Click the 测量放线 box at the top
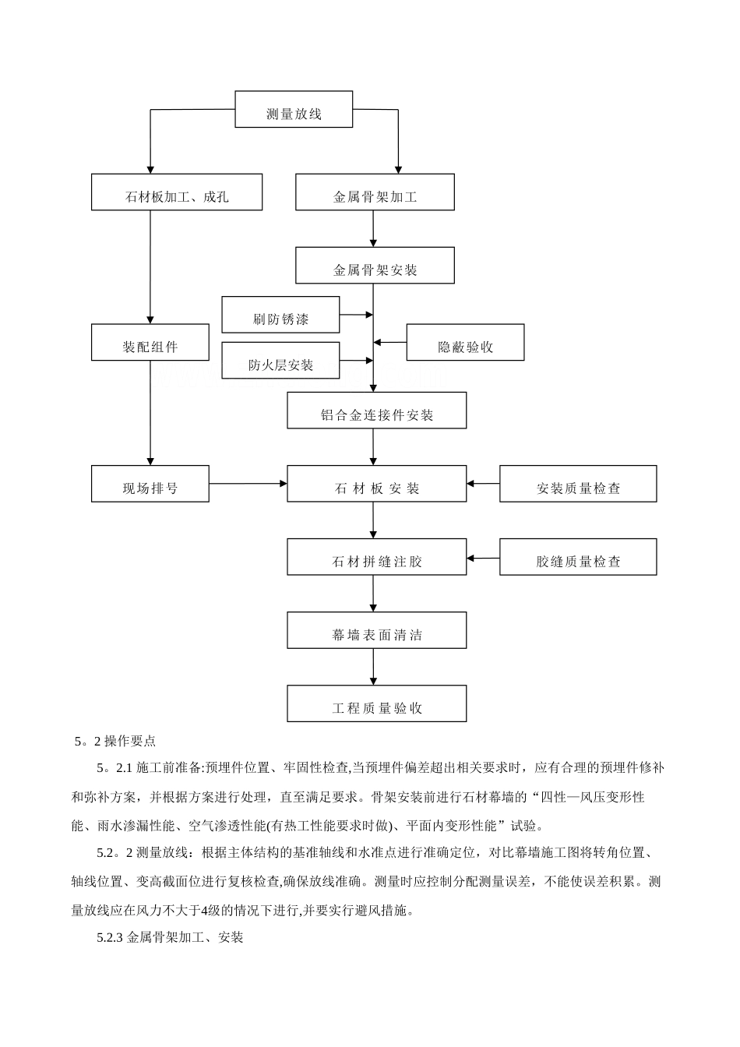(294, 109)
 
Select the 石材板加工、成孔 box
(177, 192)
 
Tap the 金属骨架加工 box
(375, 192)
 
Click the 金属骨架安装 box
(375, 266)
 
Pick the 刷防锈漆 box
(280, 315)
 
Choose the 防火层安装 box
(280, 360)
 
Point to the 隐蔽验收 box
(465, 343)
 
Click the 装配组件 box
(150, 343)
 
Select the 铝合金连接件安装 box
(377, 411)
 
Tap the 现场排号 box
(150, 484)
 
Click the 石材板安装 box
(377, 484)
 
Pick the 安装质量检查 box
(578, 484)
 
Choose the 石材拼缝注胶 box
(377, 557)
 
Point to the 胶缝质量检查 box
(578, 557)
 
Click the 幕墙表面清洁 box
(377, 630)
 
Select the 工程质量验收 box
(377, 703)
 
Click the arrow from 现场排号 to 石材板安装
(248, 484)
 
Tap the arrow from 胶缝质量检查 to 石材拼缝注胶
(483, 558)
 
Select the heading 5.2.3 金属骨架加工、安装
(171, 938)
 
